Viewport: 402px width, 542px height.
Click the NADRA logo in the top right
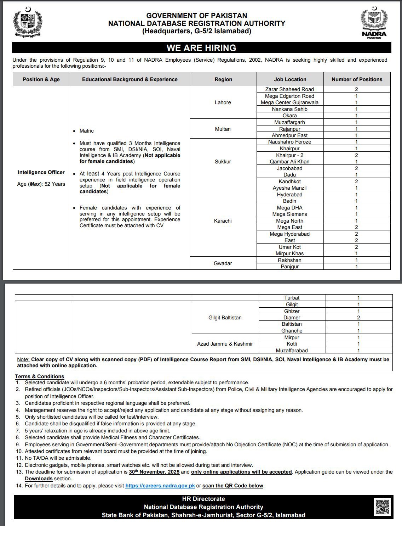[374, 23]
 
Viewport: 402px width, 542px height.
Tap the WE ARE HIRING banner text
[201, 48]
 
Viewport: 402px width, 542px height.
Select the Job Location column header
[290, 79]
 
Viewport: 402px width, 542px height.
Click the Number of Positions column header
[357, 79]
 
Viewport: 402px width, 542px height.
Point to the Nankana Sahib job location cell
[289, 109]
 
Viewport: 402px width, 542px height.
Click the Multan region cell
[223, 129]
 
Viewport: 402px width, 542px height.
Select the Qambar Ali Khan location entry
[289, 162]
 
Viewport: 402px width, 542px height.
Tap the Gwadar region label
[223, 263]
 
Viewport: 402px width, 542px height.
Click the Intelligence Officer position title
[41, 172]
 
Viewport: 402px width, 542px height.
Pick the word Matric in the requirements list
[87, 131]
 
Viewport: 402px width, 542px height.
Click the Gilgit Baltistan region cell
[225, 318]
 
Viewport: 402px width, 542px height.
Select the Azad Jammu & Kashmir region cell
[225, 344]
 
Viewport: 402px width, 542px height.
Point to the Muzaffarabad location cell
[292, 351]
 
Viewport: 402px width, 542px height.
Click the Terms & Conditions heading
[39, 376]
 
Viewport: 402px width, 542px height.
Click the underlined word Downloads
[39, 479]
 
